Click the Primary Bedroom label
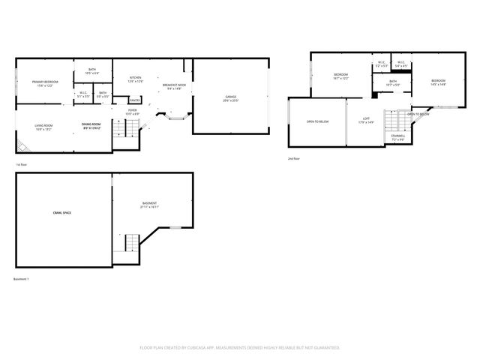(x=45, y=83)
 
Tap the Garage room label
(x=231, y=98)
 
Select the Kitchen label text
(x=136, y=79)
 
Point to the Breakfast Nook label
(x=174, y=87)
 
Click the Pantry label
(x=134, y=100)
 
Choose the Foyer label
(x=131, y=112)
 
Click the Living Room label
(x=43, y=127)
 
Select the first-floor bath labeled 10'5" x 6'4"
(x=91, y=71)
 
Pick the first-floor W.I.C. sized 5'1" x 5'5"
(x=83, y=95)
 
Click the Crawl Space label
(x=62, y=213)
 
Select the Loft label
(x=366, y=120)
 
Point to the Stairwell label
(x=397, y=137)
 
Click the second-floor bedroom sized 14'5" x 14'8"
(x=438, y=82)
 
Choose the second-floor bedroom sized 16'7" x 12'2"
(x=340, y=76)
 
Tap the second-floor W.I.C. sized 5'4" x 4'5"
(x=400, y=64)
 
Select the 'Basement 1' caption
(x=22, y=279)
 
